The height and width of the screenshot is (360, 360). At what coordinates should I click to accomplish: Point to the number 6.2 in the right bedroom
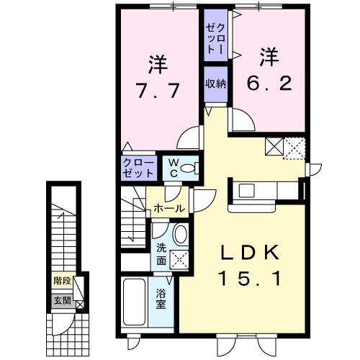coord(269,83)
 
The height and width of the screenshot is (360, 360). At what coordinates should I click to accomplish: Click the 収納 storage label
coord(215,84)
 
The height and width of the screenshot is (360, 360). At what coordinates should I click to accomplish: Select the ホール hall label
coord(168,209)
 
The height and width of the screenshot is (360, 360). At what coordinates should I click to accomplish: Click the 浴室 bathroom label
coord(161,298)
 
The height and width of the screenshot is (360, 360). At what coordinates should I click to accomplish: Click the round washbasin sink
coord(180,235)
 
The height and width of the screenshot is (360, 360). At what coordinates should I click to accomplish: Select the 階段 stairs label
coord(62,281)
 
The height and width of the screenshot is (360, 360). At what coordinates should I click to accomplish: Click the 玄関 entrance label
coord(61,300)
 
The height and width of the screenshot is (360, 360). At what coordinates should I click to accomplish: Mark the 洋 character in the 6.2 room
coord(269,54)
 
